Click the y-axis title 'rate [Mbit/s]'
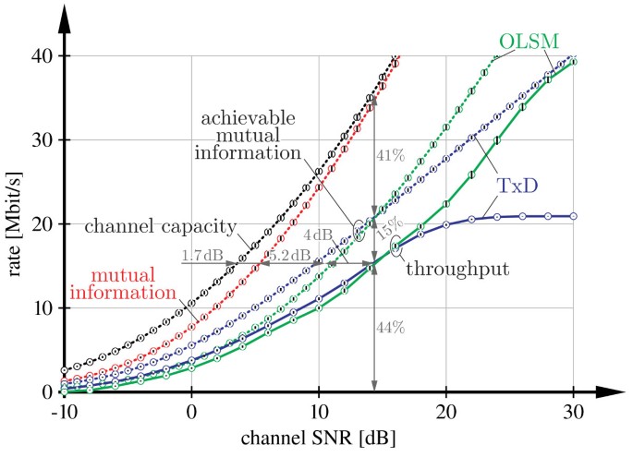click(x=18, y=222)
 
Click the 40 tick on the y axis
click(x=41, y=55)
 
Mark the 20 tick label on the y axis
click(x=41, y=224)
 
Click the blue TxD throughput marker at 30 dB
click(x=573, y=216)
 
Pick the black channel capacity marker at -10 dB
click(x=64, y=371)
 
